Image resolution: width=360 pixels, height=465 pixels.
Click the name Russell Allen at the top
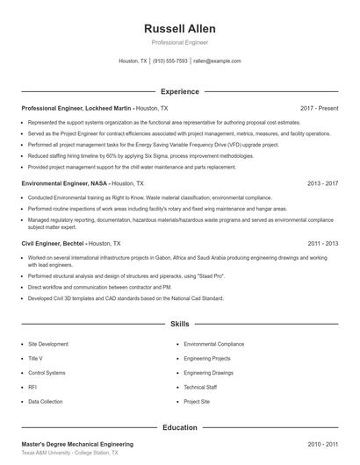click(180, 28)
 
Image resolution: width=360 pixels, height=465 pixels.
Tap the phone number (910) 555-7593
click(170, 61)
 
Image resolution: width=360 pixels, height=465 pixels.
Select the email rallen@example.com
click(217, 61)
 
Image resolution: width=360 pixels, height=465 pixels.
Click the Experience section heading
click(180, 91)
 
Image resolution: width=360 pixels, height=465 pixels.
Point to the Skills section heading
click(180, 325)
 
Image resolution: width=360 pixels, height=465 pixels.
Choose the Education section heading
click(180, 427)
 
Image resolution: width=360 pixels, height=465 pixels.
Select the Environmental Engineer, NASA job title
click(66, 183)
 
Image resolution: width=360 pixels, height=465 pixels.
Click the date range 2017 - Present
click(319, 108)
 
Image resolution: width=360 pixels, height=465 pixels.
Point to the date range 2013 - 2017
click(323, 183)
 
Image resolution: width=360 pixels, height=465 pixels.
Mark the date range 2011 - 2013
click(323, 243)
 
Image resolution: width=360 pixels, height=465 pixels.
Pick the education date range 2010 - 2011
click(323, 445)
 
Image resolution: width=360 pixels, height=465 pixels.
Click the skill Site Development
click(48, 344)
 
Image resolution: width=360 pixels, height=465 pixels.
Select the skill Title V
click(35, 358)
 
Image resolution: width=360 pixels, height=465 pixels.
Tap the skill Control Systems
click(47, 373)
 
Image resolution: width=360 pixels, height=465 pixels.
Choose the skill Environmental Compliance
click(214, 344)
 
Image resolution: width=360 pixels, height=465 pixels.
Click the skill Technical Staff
click(200, 387)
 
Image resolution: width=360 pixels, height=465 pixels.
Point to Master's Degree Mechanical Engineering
click(77, 445)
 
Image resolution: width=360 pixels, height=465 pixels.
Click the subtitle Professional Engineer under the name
click(180, 43)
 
